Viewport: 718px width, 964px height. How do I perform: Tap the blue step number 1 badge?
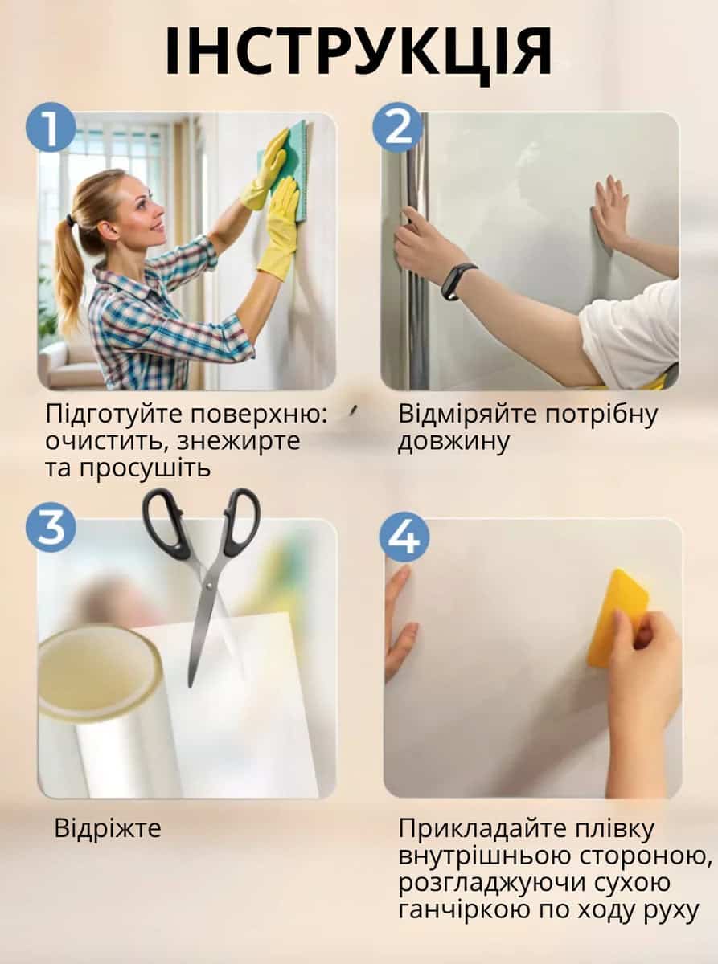tap(51, 127)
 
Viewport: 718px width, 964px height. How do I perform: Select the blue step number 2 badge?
tap(398, 127)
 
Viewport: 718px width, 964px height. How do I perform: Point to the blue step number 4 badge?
tap(404, 537)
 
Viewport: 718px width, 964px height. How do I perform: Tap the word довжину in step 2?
tap(453, 442)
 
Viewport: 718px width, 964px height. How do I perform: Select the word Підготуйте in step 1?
tap(113, 415)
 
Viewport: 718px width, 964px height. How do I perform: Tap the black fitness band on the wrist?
tap(456, 282)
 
